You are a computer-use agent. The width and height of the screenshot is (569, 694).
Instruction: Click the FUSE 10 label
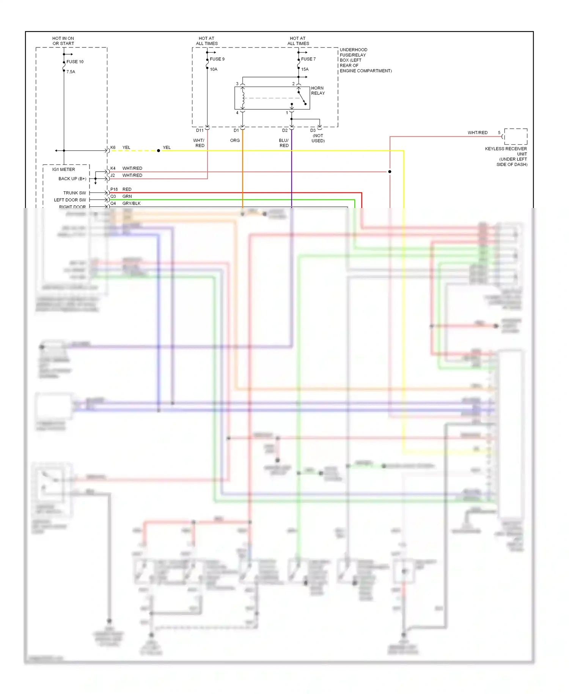point(75,62)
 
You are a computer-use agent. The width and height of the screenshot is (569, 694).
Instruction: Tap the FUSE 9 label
point(217,59)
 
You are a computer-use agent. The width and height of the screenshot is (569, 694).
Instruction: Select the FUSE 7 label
point(308,59)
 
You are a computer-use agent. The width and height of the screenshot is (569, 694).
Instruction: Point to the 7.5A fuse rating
point(71,72)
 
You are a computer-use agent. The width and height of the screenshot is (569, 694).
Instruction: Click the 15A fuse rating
point(305,69)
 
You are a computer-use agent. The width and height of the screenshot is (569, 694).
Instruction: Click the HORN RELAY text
point(318,90)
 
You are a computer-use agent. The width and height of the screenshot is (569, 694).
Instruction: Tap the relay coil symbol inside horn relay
point(243,98)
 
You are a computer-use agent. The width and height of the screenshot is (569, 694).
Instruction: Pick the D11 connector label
point(200,130)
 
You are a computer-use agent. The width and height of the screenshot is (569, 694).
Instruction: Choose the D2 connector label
point(284,130)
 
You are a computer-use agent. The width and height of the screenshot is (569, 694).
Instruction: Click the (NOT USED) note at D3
point(318,138)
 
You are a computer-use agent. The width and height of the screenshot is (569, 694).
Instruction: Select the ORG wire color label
point(235,140)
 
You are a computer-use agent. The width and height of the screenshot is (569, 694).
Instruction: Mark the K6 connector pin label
point(113,147)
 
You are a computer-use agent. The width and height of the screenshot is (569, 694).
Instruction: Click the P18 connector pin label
point(114,189)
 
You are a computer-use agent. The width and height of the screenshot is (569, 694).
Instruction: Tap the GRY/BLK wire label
point(131,203)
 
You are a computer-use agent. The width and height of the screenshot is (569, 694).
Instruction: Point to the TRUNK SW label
point(74,193)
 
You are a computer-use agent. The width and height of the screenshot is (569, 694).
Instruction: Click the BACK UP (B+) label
point(72,178)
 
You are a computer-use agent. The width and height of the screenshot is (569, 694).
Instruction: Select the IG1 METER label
point(63,169)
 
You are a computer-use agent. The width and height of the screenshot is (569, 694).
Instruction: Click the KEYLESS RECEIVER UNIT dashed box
point(516,136)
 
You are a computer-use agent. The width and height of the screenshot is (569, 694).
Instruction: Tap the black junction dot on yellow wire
point(159,151)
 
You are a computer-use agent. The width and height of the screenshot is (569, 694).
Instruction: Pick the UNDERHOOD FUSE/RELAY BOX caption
point(365,60)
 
